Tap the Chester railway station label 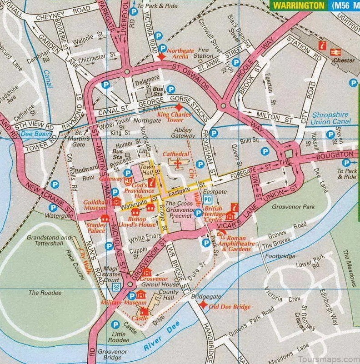(x=344, y=60)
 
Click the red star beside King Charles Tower (x=179, y=107)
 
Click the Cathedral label (x=175, y=154)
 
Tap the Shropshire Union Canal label (x=331, y=119)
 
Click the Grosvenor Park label (x=293, y=207)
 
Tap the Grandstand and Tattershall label (x=49, y=240)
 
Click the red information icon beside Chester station (x=323, y=45)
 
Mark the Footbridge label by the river (x=280, y=256)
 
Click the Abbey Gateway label (x=182, y=132)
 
